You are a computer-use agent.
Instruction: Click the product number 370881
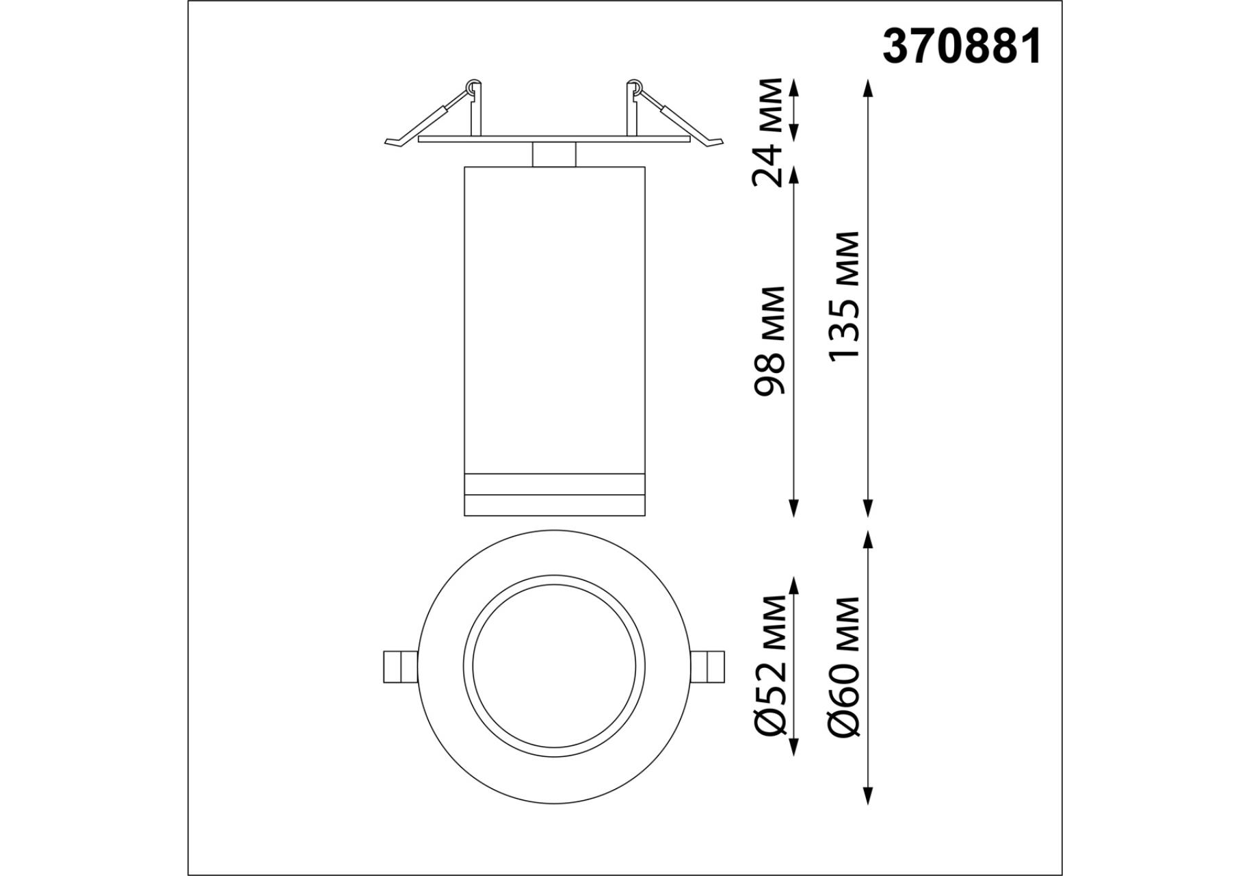962,47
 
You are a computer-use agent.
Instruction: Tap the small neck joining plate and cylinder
554,155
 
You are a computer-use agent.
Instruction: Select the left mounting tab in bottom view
399,666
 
